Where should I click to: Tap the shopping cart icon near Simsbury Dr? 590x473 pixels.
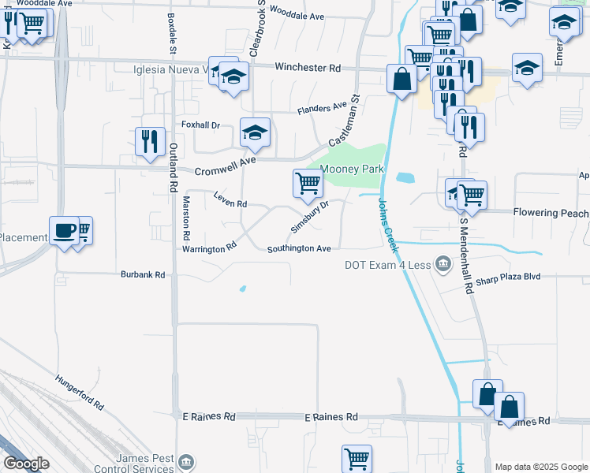coord(307,183)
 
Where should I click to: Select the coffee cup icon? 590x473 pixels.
coord(64,230)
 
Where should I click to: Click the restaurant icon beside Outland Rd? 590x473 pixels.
coord(149,141)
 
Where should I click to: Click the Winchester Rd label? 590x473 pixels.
coord(308,69)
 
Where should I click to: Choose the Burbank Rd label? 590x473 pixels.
coord(143,275)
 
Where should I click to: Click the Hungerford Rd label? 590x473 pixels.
coord(80,392)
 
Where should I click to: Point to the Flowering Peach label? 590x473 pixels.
coord(551,213)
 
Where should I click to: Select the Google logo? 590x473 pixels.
coord(26,464)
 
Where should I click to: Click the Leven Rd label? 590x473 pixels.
coord(230,203)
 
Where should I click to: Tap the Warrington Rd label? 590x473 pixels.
coord(210,248)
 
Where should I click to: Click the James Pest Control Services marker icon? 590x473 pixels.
coord(186,461)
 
